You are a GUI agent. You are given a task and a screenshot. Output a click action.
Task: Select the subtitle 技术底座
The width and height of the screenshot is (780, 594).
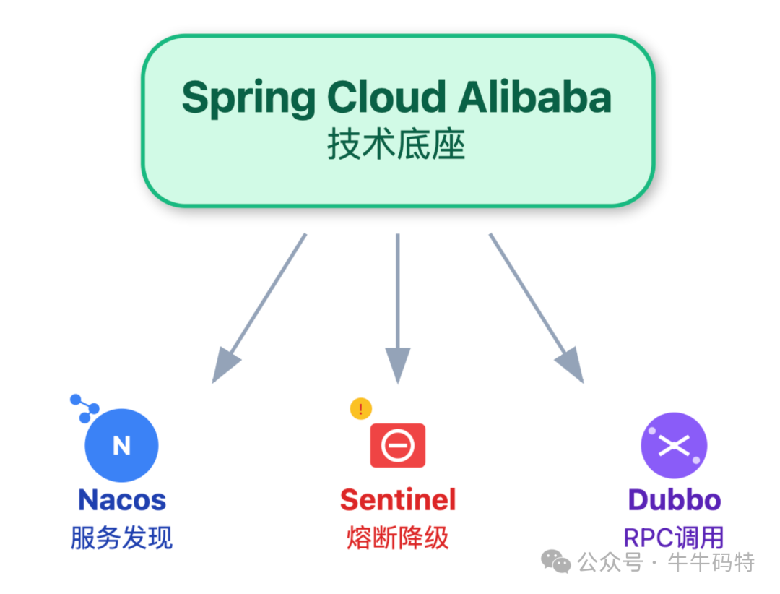pos(396,145)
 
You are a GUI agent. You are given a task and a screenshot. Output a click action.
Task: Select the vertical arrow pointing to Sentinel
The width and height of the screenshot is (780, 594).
pos(397,307)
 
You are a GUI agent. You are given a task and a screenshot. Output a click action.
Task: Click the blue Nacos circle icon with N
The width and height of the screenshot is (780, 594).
pos(121,446)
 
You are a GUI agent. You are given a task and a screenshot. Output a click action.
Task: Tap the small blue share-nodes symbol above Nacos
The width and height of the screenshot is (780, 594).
pos(84,408)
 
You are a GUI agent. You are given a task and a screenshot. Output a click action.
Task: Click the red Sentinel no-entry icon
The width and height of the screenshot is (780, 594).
pos(397,445)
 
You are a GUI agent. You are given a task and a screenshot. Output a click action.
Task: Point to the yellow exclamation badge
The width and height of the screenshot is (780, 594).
pos(360,409)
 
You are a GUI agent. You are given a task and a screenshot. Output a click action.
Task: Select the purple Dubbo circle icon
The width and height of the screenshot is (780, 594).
pos(674,445)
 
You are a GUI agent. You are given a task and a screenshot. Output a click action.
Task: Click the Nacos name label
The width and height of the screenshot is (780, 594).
pos(121,500)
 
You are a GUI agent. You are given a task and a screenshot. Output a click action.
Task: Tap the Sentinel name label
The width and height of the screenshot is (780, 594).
pos(398,500)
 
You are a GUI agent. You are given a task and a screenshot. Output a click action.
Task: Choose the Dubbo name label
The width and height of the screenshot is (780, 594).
pos(674,500)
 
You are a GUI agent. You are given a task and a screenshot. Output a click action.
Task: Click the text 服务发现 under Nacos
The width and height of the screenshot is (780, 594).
pos(121,538)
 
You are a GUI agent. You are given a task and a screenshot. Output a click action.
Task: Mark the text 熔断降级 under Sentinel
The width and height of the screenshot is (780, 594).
pos(398,538)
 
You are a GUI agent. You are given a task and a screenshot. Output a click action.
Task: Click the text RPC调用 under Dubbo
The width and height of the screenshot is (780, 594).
pos(673,538)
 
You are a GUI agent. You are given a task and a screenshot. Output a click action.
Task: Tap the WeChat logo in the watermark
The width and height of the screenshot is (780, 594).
pos(557,561)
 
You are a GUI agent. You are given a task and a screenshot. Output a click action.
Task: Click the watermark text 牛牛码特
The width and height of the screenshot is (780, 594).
pos(712,562)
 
